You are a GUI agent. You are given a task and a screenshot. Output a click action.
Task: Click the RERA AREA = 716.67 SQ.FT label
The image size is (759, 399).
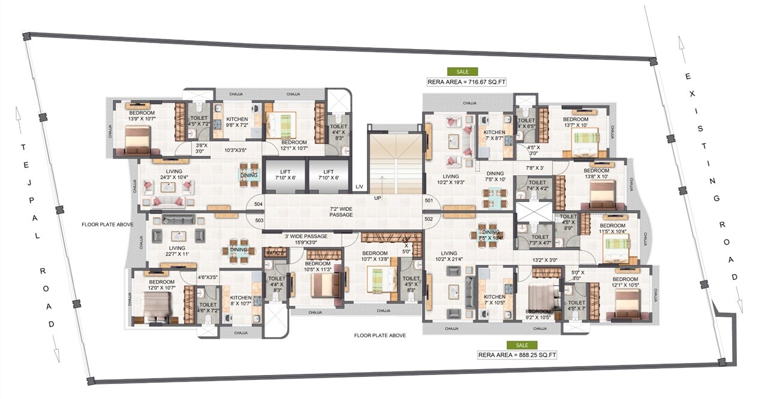point(466,82)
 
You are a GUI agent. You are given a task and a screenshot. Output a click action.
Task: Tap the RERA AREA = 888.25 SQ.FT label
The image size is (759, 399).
point(517,355)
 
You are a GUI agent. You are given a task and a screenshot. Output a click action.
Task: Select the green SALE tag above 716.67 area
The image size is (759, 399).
point(463,71)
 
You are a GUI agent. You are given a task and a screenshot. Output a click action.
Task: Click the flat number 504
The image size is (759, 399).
point(258,204)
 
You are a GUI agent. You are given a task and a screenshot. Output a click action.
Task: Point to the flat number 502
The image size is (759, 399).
point(429,219)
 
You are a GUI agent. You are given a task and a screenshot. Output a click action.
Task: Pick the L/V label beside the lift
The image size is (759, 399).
point(359,188)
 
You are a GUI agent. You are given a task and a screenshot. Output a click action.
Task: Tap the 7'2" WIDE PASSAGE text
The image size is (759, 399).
point(341,211)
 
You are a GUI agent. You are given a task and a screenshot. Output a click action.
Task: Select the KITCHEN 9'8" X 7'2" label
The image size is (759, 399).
point(236,122)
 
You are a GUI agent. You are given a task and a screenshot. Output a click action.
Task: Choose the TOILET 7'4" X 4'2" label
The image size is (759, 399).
point(538,186)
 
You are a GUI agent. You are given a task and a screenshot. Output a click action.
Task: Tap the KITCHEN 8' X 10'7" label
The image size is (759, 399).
point(241,301)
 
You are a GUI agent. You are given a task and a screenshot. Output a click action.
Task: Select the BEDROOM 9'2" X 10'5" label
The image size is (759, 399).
point(538,315)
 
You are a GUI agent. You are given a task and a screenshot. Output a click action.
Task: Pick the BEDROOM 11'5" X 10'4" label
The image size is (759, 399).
point(613,228)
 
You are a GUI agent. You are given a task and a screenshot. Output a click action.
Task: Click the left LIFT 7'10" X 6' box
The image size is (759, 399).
point(284,174)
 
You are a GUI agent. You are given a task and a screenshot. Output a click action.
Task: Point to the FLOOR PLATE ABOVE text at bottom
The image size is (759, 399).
point(379,335)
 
